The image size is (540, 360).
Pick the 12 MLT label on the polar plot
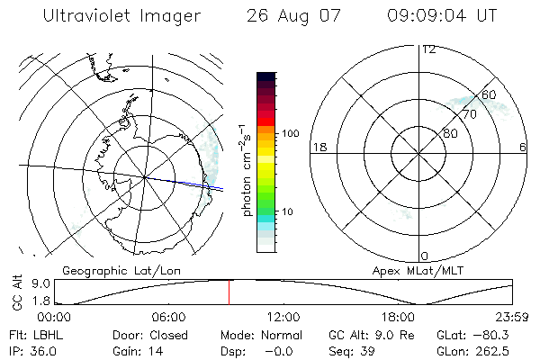[429, 49]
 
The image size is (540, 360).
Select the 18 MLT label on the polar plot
[318, 147]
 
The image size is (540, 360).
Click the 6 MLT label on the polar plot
[523, 147]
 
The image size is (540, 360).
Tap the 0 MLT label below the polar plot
[425, 256]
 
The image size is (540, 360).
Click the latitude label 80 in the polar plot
[450, 133]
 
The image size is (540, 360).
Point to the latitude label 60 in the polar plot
[489, 94]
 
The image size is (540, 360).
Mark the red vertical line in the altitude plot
[229, 292]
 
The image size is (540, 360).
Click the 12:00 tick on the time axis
[283, 318]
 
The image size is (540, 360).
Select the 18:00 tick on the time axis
[398, 318]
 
